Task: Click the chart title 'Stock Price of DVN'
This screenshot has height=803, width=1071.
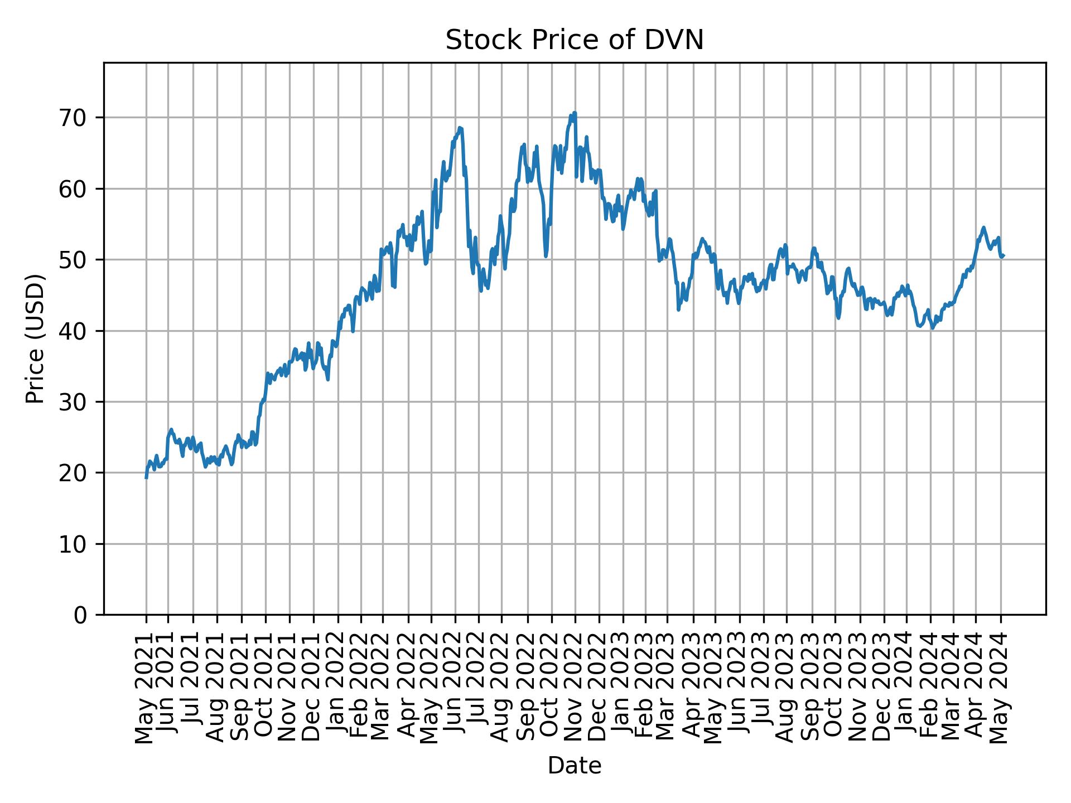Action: coord(574,41)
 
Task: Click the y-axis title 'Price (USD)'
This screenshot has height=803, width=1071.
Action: coord(35,338)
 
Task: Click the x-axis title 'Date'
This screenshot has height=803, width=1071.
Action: coord(574,766)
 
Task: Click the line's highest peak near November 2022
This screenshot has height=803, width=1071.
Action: coord(575,113)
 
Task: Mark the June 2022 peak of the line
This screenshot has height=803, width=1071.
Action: coord(460,128)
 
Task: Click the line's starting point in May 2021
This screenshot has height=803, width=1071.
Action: coord(146,478)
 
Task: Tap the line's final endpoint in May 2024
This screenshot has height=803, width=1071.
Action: coord(1003,255)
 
